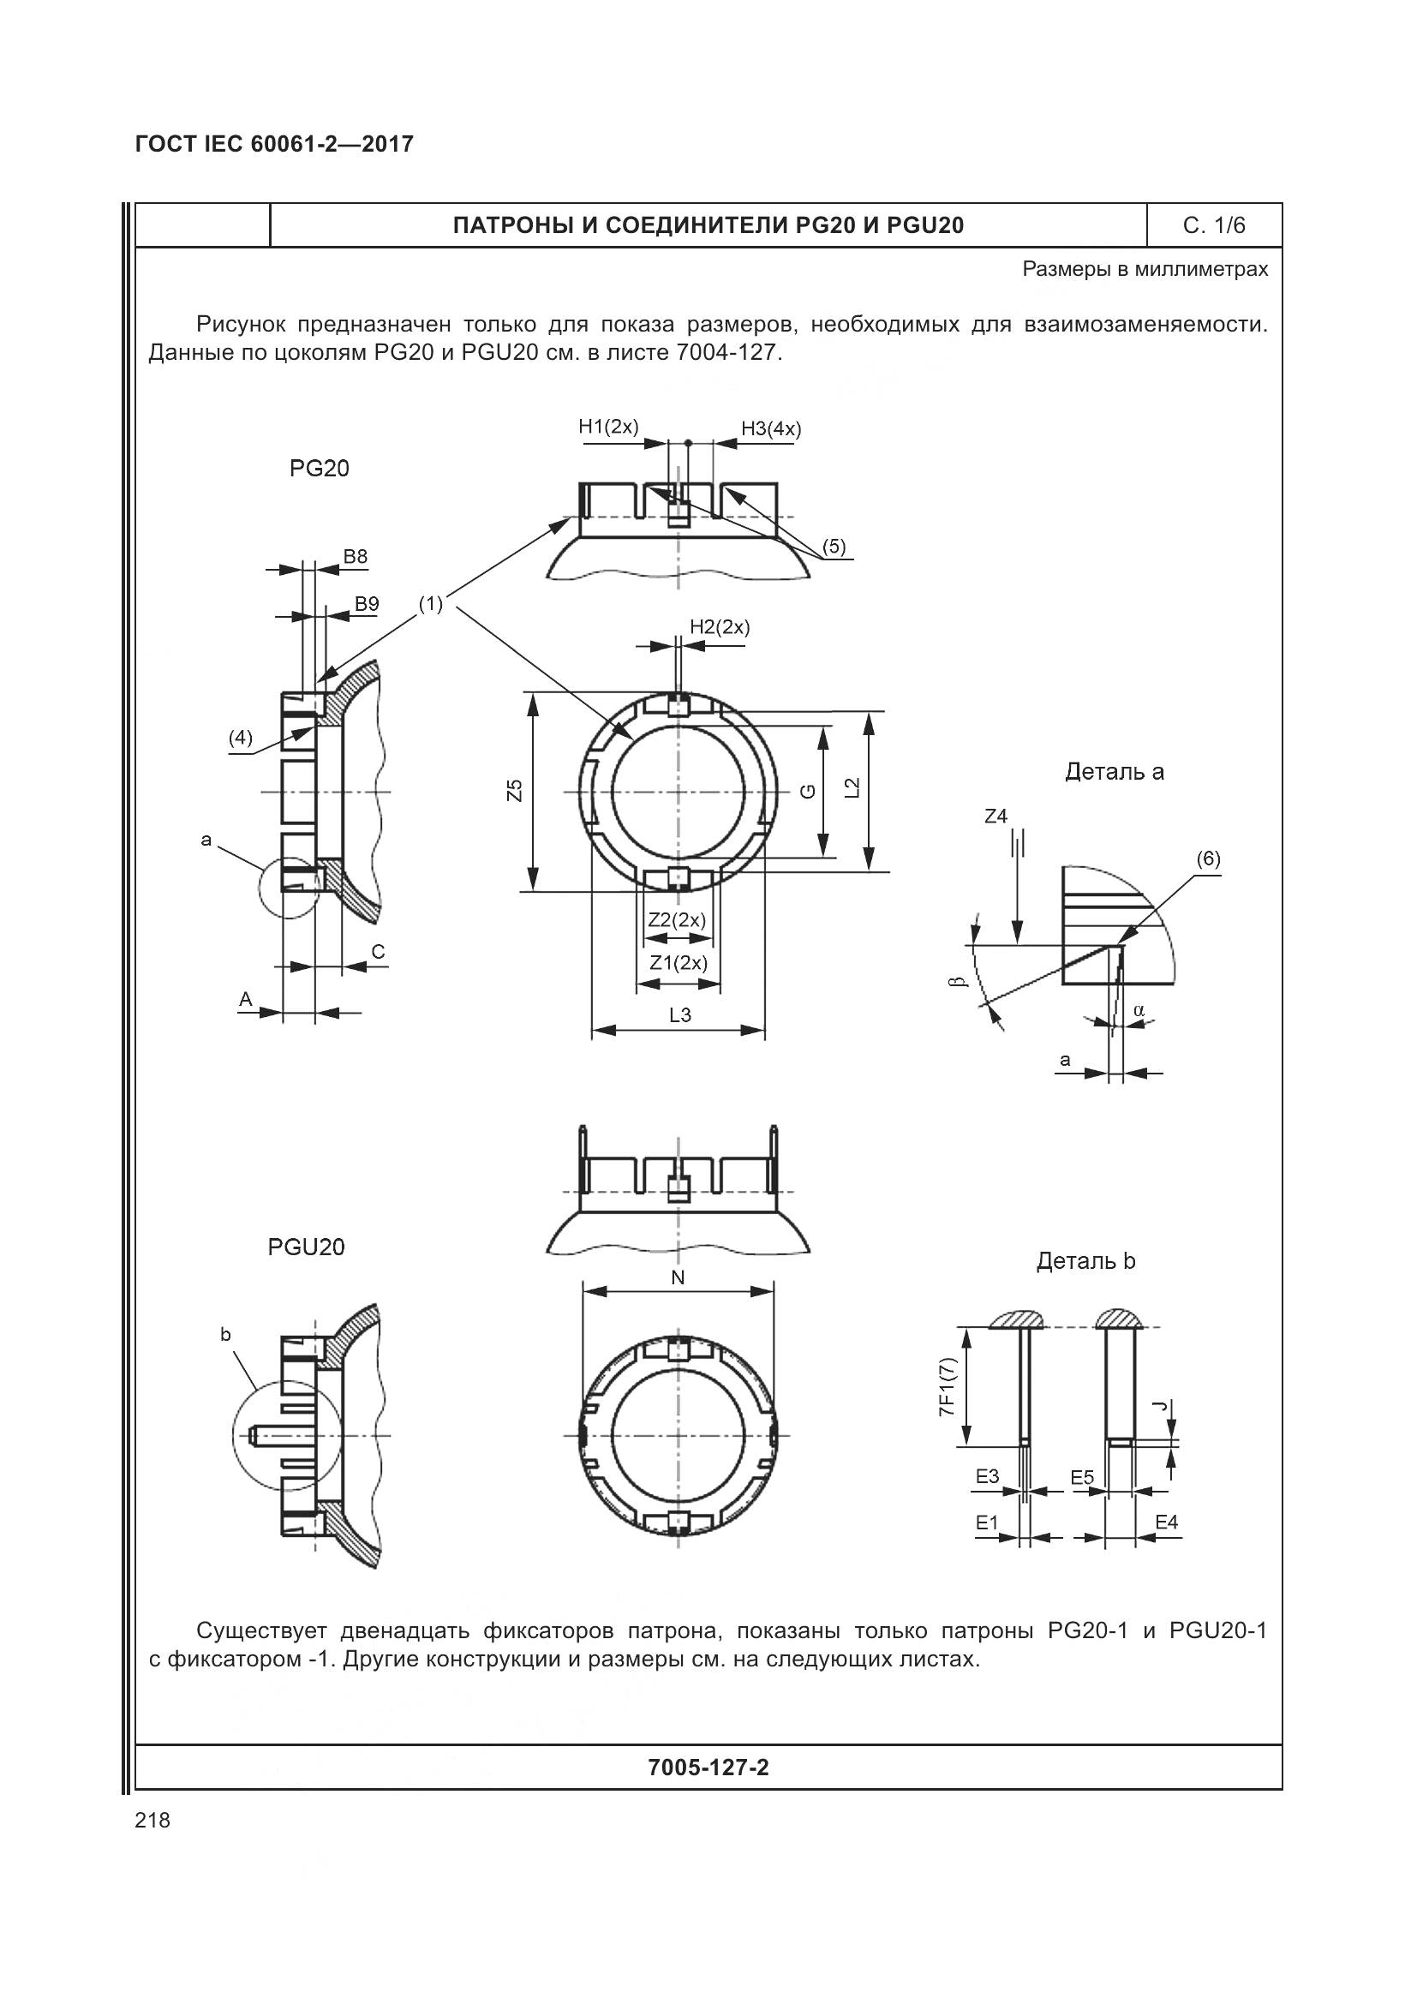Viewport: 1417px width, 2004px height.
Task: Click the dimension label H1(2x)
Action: pos(608,427)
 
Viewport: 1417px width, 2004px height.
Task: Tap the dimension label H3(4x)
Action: pos(770,428)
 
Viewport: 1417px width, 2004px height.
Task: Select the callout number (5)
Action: pos(834,547)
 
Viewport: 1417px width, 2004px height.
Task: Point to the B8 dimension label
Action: pos(356,556)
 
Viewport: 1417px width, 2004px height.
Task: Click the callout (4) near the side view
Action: pos(240,738)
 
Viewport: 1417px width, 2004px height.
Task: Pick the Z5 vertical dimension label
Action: pos(516,791)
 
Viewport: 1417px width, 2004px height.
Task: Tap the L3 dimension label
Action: pos(679,1015)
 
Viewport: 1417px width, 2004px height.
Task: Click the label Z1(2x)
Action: pos(678,963)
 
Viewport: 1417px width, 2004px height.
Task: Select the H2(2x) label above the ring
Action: pos(719,626)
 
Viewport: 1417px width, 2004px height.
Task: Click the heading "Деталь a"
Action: pos(1115,772)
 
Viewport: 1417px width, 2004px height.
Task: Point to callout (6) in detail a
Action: pos(1208,858)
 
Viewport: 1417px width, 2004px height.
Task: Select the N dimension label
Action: pos(678,1277)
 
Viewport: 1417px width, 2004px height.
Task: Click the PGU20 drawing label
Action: pos(306,1247)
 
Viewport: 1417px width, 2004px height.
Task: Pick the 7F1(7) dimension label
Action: pos(948,1388)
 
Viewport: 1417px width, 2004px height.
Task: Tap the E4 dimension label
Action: pos(1166,1522)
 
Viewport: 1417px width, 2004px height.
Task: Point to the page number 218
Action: pos(152,1821)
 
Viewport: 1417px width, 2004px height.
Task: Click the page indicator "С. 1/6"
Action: pos(1214,225)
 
